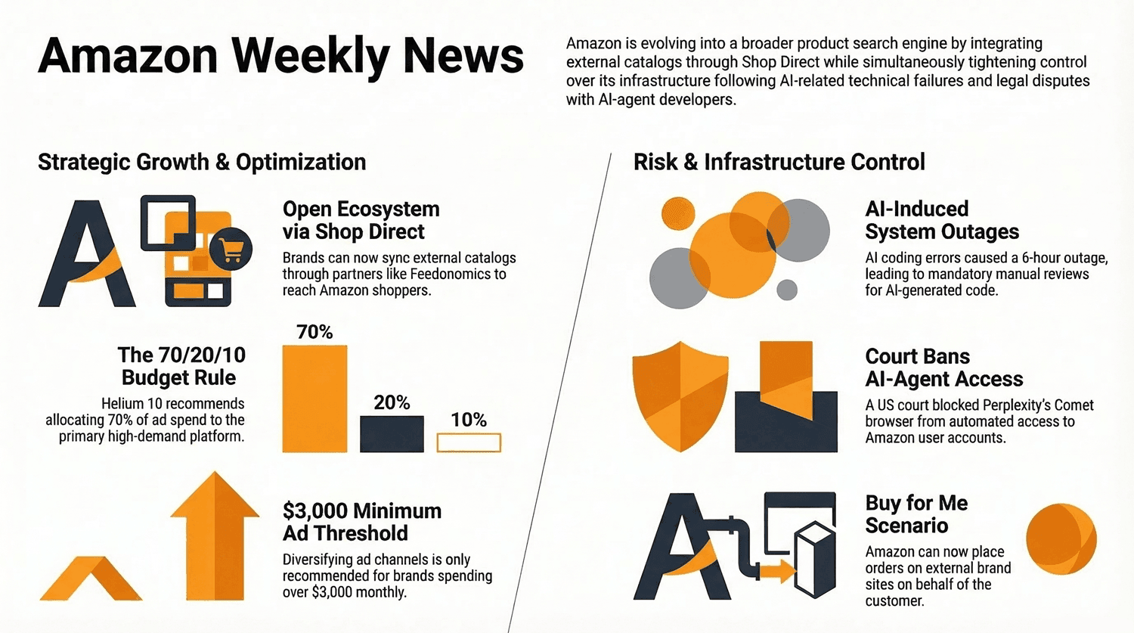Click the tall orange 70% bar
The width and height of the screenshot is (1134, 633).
pyautogui.click(x=315, y=399)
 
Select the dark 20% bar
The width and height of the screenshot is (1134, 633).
pyautogui.click(x=392, y=434)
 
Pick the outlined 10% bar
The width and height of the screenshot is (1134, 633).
pyautogui.click(x=469, y=442)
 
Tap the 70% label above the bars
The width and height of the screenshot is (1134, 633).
pyautogui.click(x=314, y=332)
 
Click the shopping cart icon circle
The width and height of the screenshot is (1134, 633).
pyautogui.click(x=231, y=249)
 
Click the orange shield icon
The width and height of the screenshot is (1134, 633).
pyautogui.click(x=680, y=396)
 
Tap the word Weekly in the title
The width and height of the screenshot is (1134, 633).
pyautogui.click(x=311, y=57)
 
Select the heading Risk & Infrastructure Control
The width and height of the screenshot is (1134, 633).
pyautogui.click(x=779, y=162)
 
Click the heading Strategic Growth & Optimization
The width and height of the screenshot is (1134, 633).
pyautogui.click(x=202, y=163)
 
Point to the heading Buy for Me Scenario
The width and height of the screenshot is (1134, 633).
pyautogui.click(x=916, y=514)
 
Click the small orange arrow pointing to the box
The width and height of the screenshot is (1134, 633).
pyautogui.click(x=776, y=572)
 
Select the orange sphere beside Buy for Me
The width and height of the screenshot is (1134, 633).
pyautogui.click(x=1061, y=538)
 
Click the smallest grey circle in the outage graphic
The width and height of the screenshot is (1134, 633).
pyautogui.click(x=787, y=290)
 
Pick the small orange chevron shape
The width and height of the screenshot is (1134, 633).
pyautogui.click(x=91, y=579)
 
